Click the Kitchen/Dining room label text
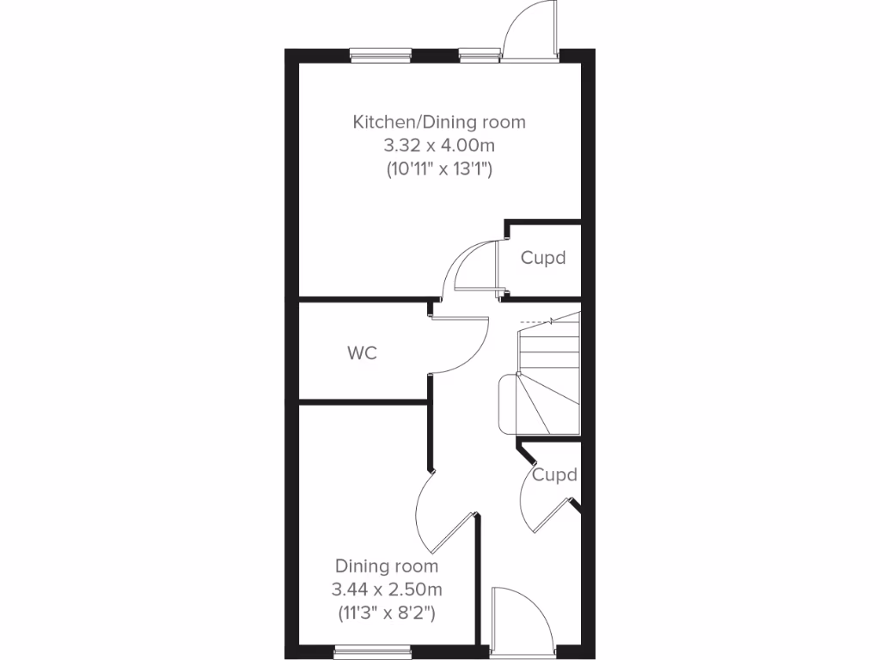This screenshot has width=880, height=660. tap(439, 122)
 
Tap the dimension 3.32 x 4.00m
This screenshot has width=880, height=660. tap(439, 145)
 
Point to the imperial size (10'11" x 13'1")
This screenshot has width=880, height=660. tap(439, 169)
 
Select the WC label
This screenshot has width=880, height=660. tap(362, 353)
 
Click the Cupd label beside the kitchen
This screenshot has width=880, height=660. tap(543, 258)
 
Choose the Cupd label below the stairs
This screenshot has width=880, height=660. tap(554, 474)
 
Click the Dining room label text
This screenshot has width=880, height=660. tap(387, 566)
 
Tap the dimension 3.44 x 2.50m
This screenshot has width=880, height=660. tap(387, 590)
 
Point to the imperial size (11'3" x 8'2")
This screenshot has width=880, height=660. tap(387, 613)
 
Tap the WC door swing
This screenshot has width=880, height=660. tap(464, 344)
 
